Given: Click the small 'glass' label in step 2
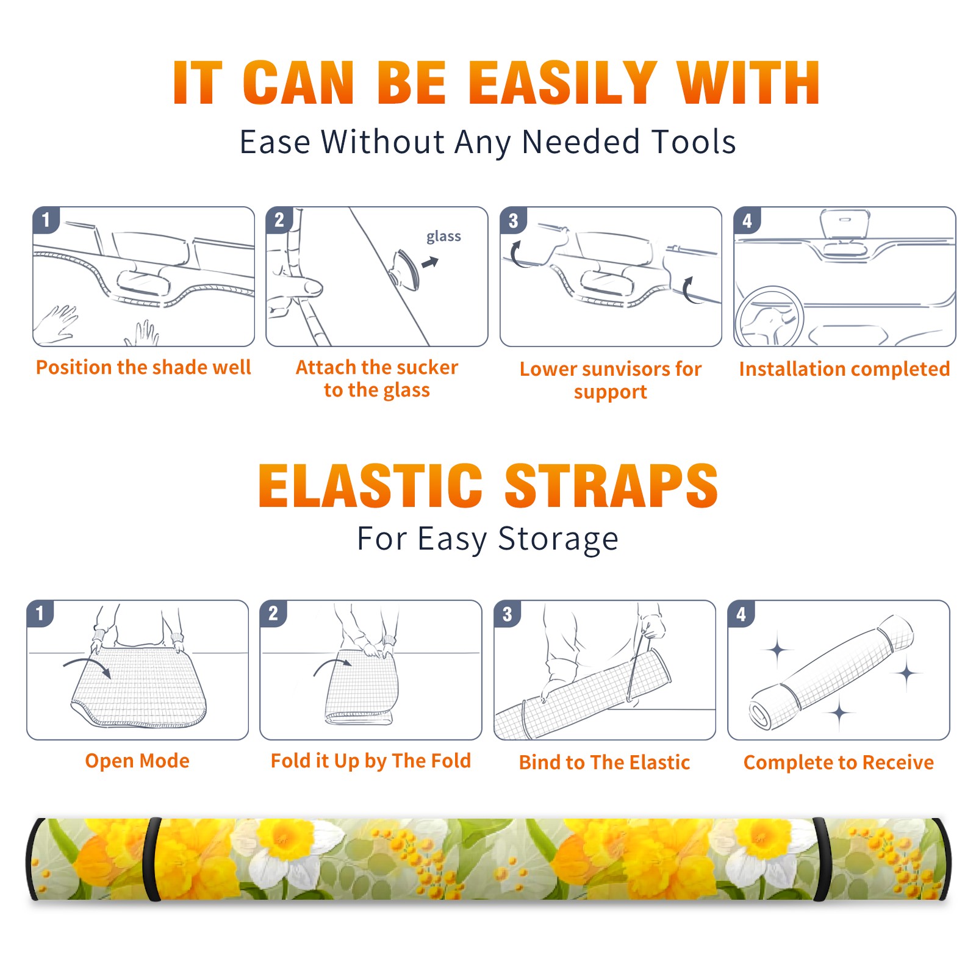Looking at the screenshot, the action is pyautogui.click(x=443, y=237).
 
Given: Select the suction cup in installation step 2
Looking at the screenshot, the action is pyautogui.click(x=406, y=268).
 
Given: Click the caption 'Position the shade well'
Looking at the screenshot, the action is pyautogui.click(x=143, y=367).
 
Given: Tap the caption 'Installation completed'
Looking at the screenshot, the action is pyautogui.click(x=844, y=368).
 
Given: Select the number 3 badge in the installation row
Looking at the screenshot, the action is pyautogui.click(x=513, y=221).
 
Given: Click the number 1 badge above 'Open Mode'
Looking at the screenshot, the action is pyautogui.click(x=40, y=614).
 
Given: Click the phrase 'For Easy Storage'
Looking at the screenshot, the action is pyautogui.click(x=488, y=539).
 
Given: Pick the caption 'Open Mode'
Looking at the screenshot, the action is pyautogui.click(x=137, y=761).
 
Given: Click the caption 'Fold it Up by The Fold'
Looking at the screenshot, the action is pyautogui.click(x=371, y=761).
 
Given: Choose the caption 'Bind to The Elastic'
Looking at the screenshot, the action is pyautogui.click(x=605, y=762).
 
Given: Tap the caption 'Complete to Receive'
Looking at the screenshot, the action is pyautogui.click(x=839, y=762).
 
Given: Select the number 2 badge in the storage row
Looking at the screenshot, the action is pyautogui.click(x=273, y=614).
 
